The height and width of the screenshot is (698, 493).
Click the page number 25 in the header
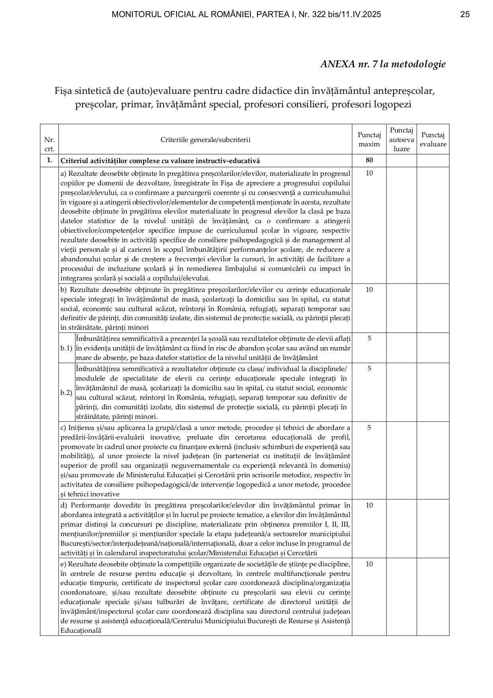[465, 15]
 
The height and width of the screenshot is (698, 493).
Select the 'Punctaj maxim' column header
[369, 140]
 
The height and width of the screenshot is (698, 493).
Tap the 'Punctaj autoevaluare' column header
[401, 140]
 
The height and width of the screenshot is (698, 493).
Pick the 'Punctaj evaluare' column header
[433, 140]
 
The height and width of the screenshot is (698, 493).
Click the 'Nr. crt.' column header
[49, 144]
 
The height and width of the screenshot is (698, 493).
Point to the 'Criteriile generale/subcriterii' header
[205, 140]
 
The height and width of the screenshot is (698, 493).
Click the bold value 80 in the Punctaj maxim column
[369, 161]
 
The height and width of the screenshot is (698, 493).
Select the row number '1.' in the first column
[49, 161]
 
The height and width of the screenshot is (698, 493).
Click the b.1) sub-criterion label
[66, 348]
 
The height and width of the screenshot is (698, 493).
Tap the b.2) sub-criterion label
[66, 393]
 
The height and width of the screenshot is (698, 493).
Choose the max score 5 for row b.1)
[369, 338]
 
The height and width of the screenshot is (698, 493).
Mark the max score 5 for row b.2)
[369, 369]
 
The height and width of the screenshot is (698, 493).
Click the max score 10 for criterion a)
[369, 173]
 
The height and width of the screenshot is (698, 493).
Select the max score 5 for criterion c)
[369, 428]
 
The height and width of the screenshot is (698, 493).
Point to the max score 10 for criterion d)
[369, 505]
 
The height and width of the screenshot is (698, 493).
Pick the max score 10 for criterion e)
[369, 564]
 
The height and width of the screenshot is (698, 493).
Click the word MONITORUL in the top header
[131, 15]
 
